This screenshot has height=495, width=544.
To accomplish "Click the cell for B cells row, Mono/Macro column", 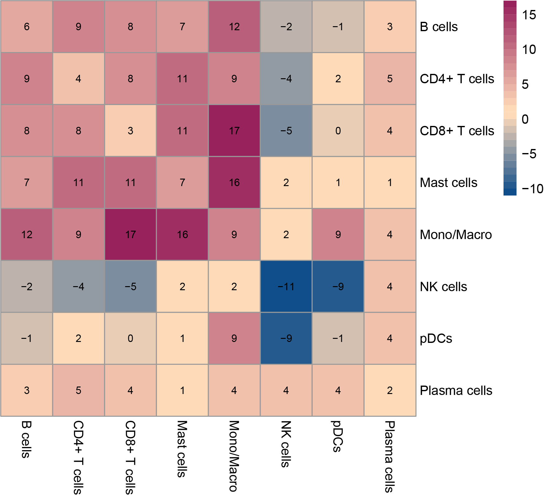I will [234, 26].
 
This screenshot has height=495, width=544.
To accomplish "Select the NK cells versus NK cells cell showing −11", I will [286, 286].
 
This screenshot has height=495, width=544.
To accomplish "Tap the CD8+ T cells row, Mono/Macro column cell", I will [234, 131].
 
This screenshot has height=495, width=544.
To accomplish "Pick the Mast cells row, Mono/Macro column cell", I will [234, 182].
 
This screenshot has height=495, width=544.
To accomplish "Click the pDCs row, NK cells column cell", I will [286, 338].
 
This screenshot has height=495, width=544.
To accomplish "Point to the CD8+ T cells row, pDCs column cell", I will [338, 131].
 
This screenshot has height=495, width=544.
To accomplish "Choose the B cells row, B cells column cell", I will [26, 26].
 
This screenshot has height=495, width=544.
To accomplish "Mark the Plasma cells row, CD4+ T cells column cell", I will [78, 390].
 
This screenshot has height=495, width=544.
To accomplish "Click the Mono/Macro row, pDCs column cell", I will [338, 234].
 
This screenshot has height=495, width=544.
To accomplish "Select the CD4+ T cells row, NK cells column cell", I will [286, 79].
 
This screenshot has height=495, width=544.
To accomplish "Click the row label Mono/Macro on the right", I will [456, 235].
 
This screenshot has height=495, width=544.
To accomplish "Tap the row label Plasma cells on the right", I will [456, 391].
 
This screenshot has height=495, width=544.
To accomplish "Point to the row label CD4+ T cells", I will [457, 79].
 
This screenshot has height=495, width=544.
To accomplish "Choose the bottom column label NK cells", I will [286, 444].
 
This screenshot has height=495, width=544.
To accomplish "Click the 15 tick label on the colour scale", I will [529, 15].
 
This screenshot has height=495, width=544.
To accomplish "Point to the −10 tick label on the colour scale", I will [532, 189].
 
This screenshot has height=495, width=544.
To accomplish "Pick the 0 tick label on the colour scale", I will [525, 119].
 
